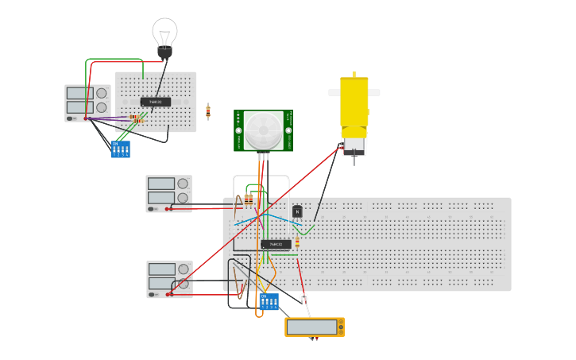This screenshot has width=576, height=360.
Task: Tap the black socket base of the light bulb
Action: click(x=164, y=52)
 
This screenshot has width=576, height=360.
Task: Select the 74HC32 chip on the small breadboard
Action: click(x=156, y=102)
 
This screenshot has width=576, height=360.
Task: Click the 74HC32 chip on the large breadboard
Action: click(x=276, y=244)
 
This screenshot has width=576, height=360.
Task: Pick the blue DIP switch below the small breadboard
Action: click(x=120, y=149)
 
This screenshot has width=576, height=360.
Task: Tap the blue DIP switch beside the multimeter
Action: click(x=269, y=301)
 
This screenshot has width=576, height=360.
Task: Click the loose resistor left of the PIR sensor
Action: click(x=208, y=111)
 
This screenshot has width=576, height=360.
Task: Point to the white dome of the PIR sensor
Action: click(x=263, y=130)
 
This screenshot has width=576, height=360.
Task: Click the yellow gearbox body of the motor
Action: click(x=354, y=101)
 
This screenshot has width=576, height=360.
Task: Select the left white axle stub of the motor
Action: click(x=334, y=93)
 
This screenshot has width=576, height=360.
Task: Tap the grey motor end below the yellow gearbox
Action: click(x=354, y=145)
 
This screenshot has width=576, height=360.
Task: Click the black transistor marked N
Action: click(x=297, y=211)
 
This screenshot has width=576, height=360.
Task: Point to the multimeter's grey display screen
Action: click(x=312, y=327)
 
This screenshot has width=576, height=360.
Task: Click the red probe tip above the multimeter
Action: click(x=303, y=296)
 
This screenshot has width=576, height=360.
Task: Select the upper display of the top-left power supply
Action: click(x=80, y=93)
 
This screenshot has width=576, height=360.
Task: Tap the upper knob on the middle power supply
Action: click(x=183, y=183)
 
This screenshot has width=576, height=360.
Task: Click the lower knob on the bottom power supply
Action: click(x=184, y=283)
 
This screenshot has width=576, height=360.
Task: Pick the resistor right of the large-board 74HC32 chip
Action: click(x=297, y=242)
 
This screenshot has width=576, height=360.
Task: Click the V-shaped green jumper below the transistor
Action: click(x=306, y=230)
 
